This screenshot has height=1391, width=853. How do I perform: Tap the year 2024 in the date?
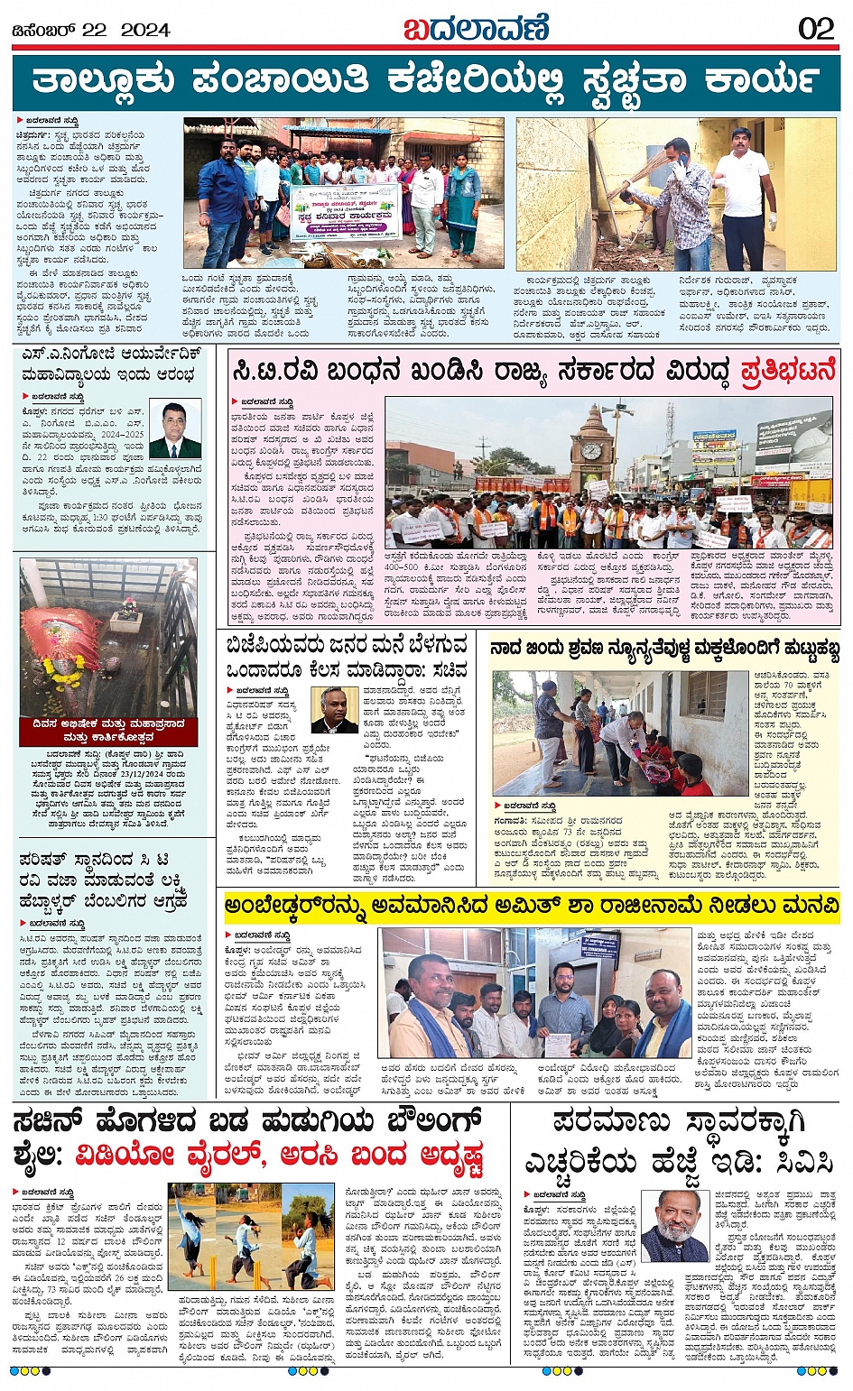(145, 30)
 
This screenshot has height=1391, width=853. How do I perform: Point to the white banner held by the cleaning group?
(346, 213)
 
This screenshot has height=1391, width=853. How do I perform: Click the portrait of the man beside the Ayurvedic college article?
(175, 431)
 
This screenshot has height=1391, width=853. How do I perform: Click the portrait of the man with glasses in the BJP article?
(334, 710)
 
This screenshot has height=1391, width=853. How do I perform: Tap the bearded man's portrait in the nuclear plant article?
(674, 1226)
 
